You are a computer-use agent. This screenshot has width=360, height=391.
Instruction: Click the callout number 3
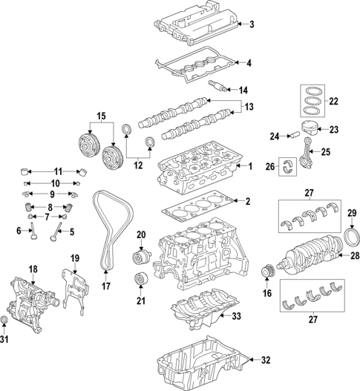[x=251, y=25]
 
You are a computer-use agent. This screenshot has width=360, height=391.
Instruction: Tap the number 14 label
[x=243, y=90]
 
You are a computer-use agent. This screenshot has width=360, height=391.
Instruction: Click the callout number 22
[x=333, y=102]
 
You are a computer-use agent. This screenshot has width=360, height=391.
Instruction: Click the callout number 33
[x=237, y=317]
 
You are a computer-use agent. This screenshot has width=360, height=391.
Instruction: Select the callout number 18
[x=32, y=269]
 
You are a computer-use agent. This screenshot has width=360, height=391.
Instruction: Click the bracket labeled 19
[x=74, y=286]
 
